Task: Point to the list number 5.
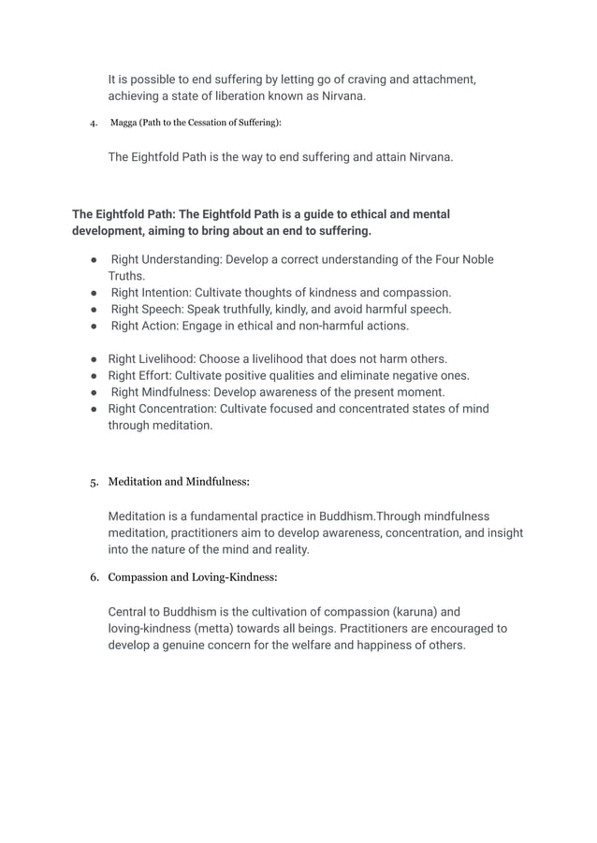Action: pyautogui.click(x=93, y=483)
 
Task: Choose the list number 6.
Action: pyautogui.click(x=94, y=576)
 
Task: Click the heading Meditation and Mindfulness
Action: pyautogui.click(x=179, y=483)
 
